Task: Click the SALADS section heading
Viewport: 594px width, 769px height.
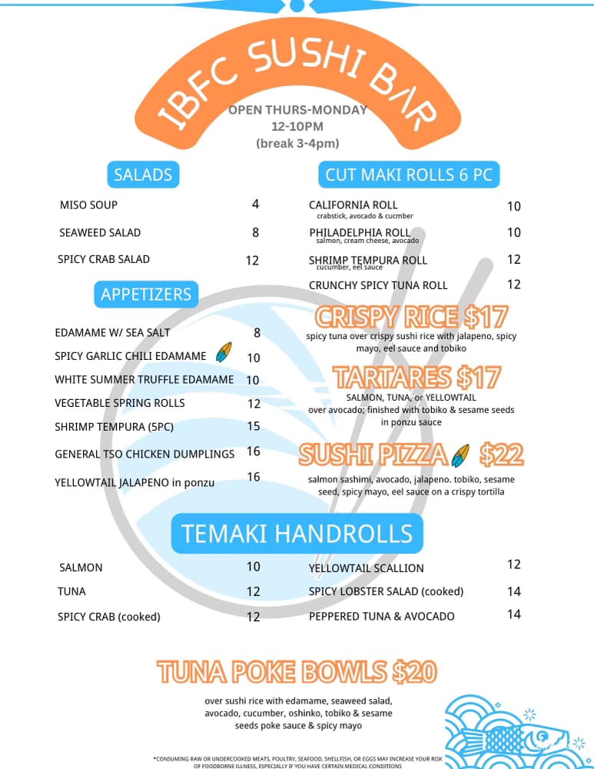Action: coord(143,175)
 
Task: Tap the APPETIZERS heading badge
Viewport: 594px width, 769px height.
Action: coord(146,295)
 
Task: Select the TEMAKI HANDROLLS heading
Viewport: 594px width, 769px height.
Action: coord(297,534)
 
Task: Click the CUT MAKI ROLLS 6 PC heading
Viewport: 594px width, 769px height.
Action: coord(409,175)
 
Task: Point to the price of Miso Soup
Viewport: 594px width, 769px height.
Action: coord(255,204)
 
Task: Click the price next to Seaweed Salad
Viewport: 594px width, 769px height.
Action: coord(255,232)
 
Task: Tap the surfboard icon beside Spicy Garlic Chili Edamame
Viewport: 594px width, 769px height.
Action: coord(224,352)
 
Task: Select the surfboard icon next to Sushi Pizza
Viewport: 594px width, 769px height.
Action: coord(460,455)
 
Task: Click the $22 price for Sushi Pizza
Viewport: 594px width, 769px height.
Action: coord(501,454)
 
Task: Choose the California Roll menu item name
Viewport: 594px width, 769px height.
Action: coord(353,205)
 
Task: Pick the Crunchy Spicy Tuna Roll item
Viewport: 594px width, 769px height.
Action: coord(378,285)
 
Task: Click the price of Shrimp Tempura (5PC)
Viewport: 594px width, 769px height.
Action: coord(254,426)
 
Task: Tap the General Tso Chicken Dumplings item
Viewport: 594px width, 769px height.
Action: coord(144,454)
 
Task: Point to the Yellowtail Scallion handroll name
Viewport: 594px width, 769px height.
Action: coord(366,568)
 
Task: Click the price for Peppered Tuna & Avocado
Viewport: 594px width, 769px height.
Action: coord(513,614)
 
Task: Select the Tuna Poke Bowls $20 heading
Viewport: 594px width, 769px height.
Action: coord(297,672)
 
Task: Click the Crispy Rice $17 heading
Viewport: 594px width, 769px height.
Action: coord(411,317)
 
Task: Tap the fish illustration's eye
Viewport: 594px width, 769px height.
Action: coord(542,737)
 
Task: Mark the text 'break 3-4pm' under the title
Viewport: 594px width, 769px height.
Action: coord(297,143)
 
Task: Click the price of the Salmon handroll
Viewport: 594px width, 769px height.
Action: coord(254,567)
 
